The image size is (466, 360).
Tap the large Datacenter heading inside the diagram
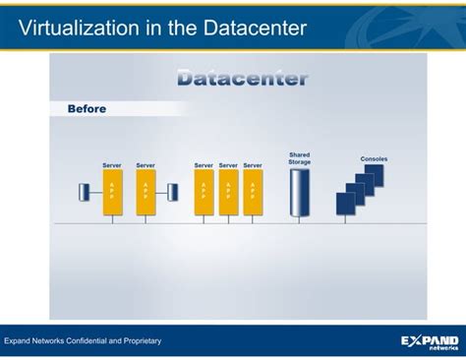click(x=242, y=79)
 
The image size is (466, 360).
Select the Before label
click(x=87, y=109)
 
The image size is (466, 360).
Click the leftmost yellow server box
click(x=112, y=192)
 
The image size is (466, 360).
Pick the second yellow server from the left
click(x=146, y=192)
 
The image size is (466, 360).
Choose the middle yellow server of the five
click(x=204, y=192)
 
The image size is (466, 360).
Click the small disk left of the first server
click(x=85, y=191)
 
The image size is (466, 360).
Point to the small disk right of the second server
click(x=172, y=191)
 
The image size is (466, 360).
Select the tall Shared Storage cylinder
click(x=299, y=192)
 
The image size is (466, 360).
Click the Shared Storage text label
click(x=299, y=158)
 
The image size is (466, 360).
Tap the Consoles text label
click(x=374, y=158)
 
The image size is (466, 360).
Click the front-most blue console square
click(x=345, y=204)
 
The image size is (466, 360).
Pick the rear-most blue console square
click(x=375, y=175)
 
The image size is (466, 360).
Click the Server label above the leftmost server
click(x=112, y=165)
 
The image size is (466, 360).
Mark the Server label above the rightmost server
click(x=253, y=165)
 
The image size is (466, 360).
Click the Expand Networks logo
click(x=430, y=341)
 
